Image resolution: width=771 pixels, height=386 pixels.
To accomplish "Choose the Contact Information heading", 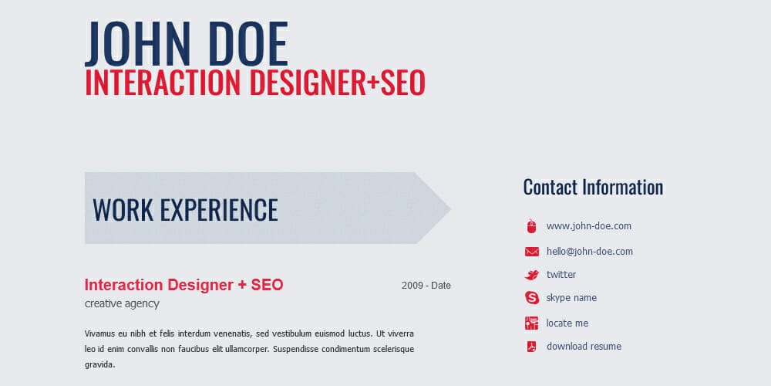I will [593, 187].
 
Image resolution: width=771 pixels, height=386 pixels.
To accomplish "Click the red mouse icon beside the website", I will [531, 226].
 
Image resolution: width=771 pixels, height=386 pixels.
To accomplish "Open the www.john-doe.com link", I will [589, 226].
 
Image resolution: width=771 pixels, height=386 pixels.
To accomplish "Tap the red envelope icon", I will [531, 252].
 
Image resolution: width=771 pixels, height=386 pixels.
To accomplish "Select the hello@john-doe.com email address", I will [590, 252].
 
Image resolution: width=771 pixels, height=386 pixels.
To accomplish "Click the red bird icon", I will [531, 275].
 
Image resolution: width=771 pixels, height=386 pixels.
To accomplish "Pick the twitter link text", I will [561, 275].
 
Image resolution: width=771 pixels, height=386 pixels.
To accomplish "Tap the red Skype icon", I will [531, 298].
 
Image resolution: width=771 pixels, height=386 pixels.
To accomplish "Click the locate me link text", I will [567, 323].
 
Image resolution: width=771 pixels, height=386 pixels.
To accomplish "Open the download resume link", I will [584, 347].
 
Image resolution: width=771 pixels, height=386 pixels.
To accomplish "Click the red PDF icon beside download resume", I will [531, 347].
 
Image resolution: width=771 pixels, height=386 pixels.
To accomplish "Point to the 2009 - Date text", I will [426, 286].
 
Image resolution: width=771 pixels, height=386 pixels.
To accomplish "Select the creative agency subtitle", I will [122, 304].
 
